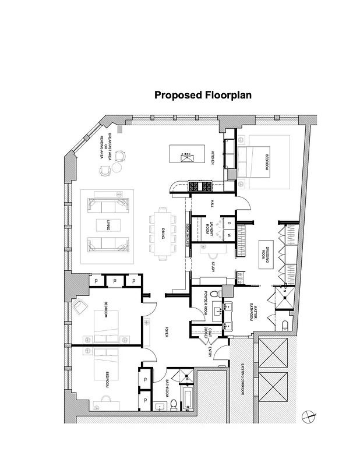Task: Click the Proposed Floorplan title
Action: tap(203, 95)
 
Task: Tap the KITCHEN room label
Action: tap(213, 157)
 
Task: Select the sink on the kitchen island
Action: tap(188, 156)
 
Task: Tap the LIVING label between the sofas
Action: tap(107, 225)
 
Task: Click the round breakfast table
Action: tap(117, 168)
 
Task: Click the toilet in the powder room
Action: tap(214, 294)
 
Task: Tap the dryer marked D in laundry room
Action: tap(228, 223)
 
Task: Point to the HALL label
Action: tap(213, 204)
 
